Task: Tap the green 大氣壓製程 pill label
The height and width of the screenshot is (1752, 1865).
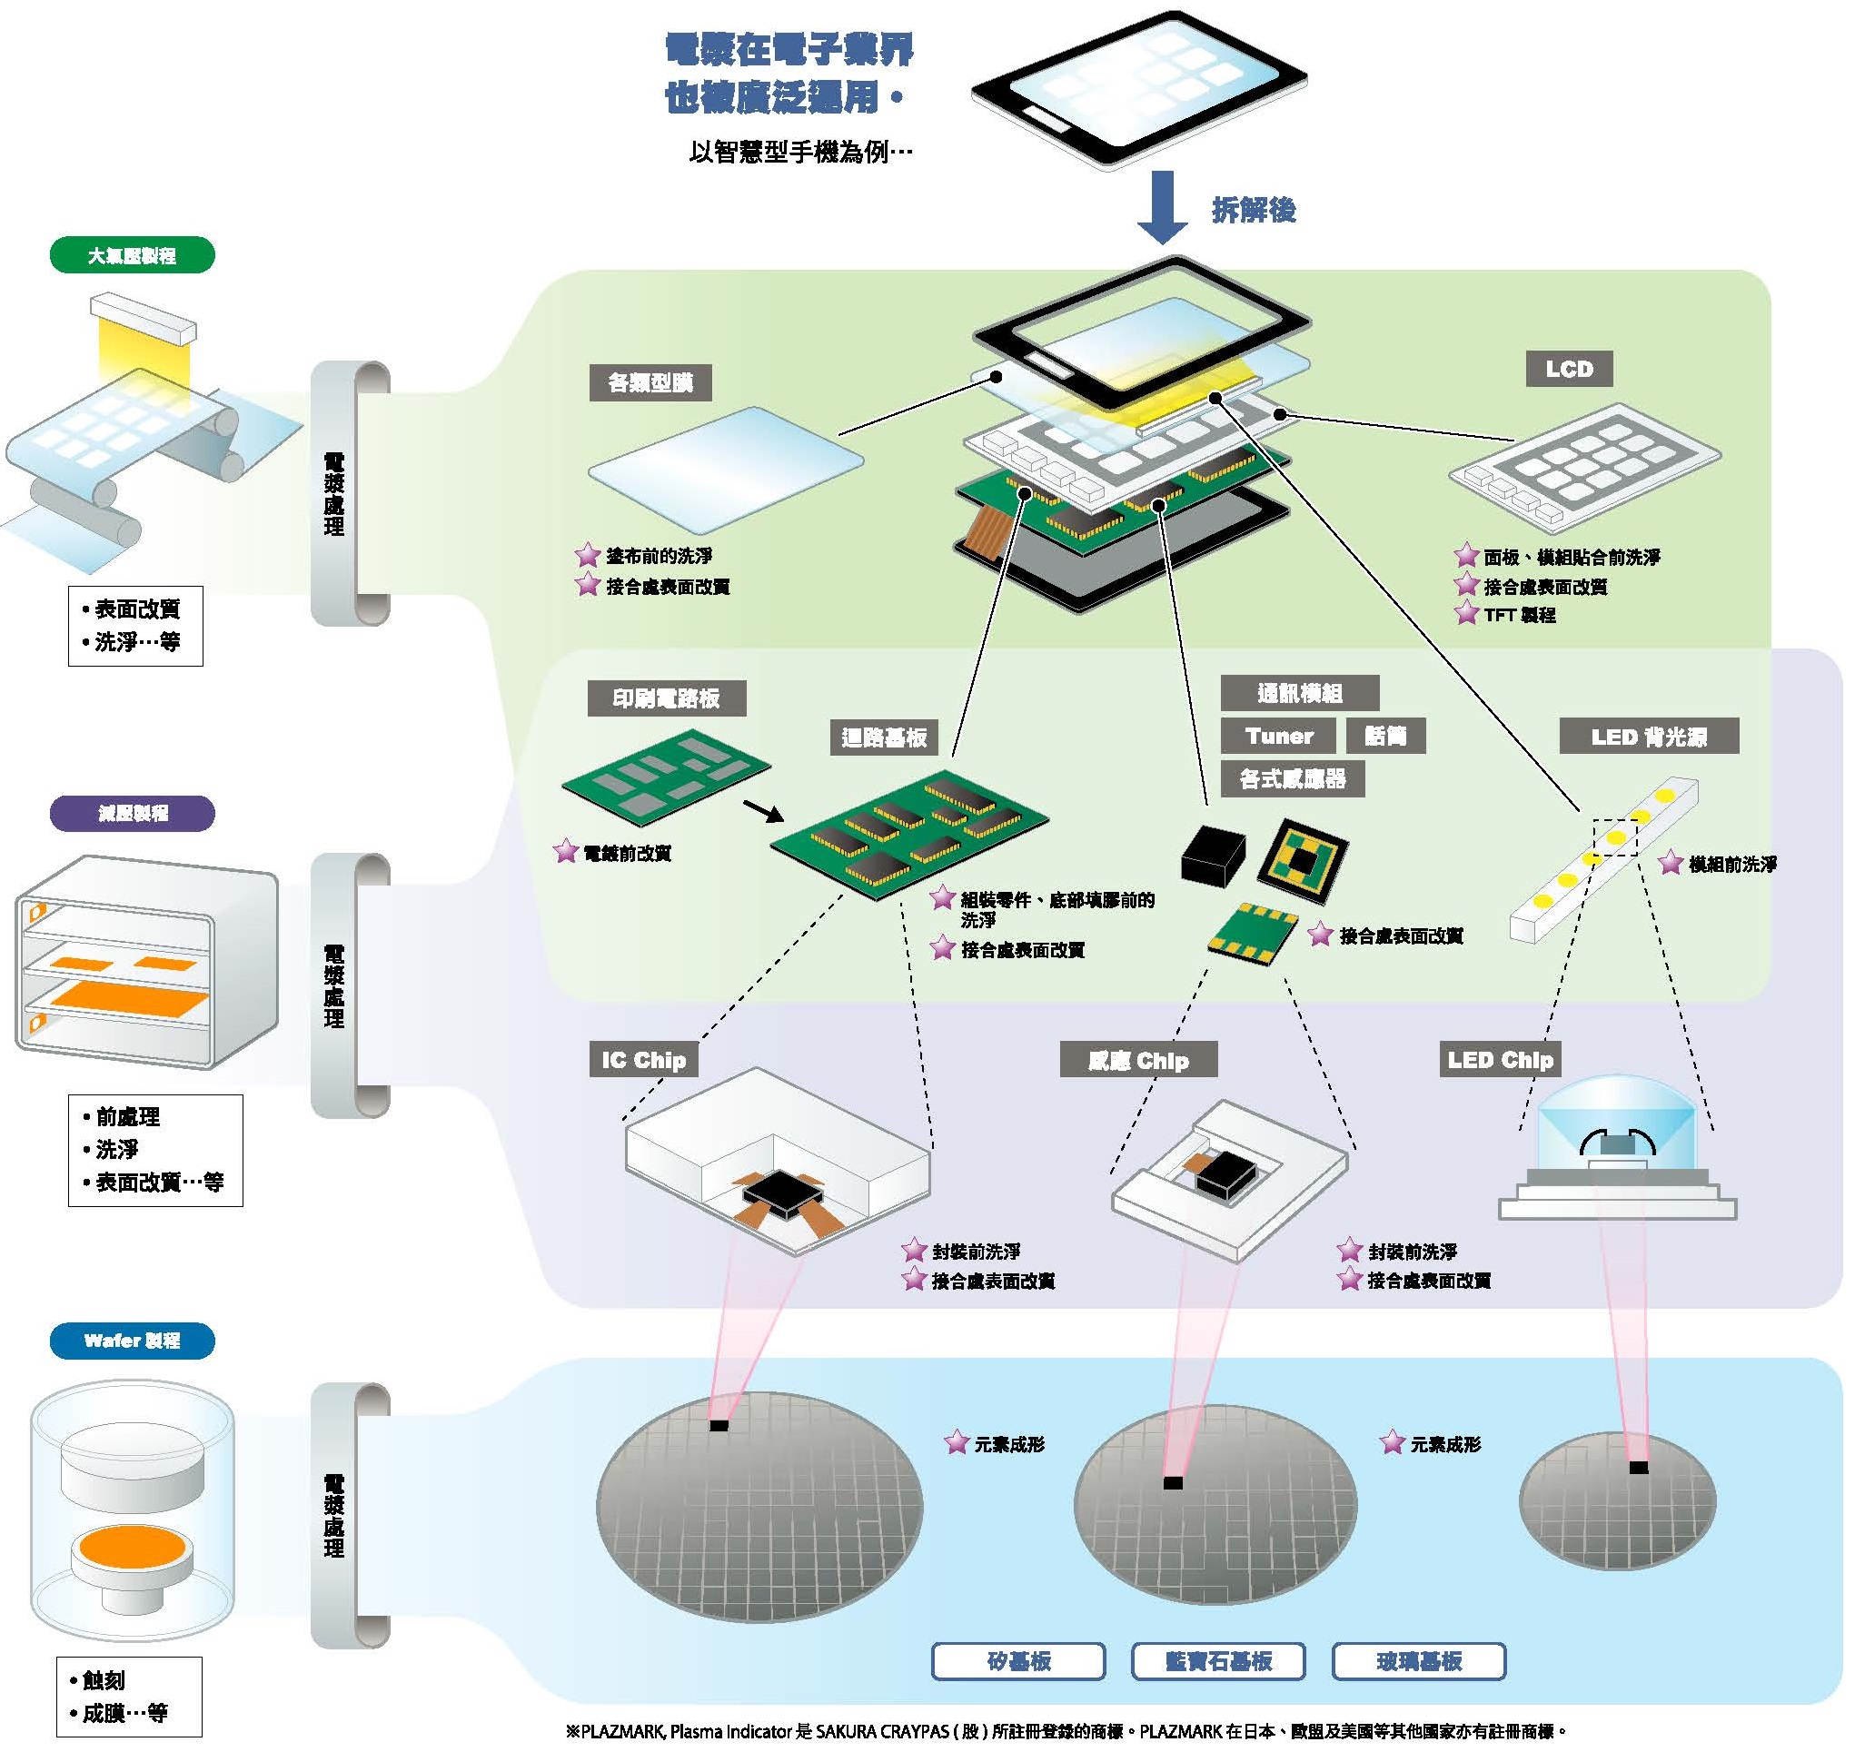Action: pyautogui.click(x=133, y=255)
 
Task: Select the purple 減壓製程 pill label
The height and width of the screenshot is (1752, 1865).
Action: pyautogui.click(x=133, y=813)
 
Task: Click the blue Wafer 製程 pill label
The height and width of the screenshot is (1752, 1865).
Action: pyautogui.click(x=133, y=1341)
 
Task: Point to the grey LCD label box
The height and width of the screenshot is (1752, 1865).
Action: pyautogui.click(x=1569, y=369)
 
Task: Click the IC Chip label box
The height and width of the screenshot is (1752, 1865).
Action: pyautogui.click(x=643, y=1060)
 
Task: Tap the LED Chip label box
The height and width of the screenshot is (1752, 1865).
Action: pyautogui.click(x=1500, y=1060)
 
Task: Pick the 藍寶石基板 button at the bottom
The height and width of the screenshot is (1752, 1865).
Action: pyautogui.click(x=1217, y=1661)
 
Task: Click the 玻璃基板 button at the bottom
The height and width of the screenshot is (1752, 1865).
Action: pyautogui.click(x=1418, y=1661)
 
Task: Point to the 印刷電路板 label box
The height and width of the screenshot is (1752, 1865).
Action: pyautogui.click(x=666, y=698)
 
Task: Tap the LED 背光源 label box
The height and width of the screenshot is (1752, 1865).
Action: pyautogui.click(x=1648, y=737)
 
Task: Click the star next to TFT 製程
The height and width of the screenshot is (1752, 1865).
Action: pyautogui.click(x=1466, y=614)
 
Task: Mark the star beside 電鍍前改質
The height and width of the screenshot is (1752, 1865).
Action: pyautogui.click(x=566, y=852)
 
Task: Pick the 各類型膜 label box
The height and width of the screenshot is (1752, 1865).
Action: pyautogui.click(x=650, y=382)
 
